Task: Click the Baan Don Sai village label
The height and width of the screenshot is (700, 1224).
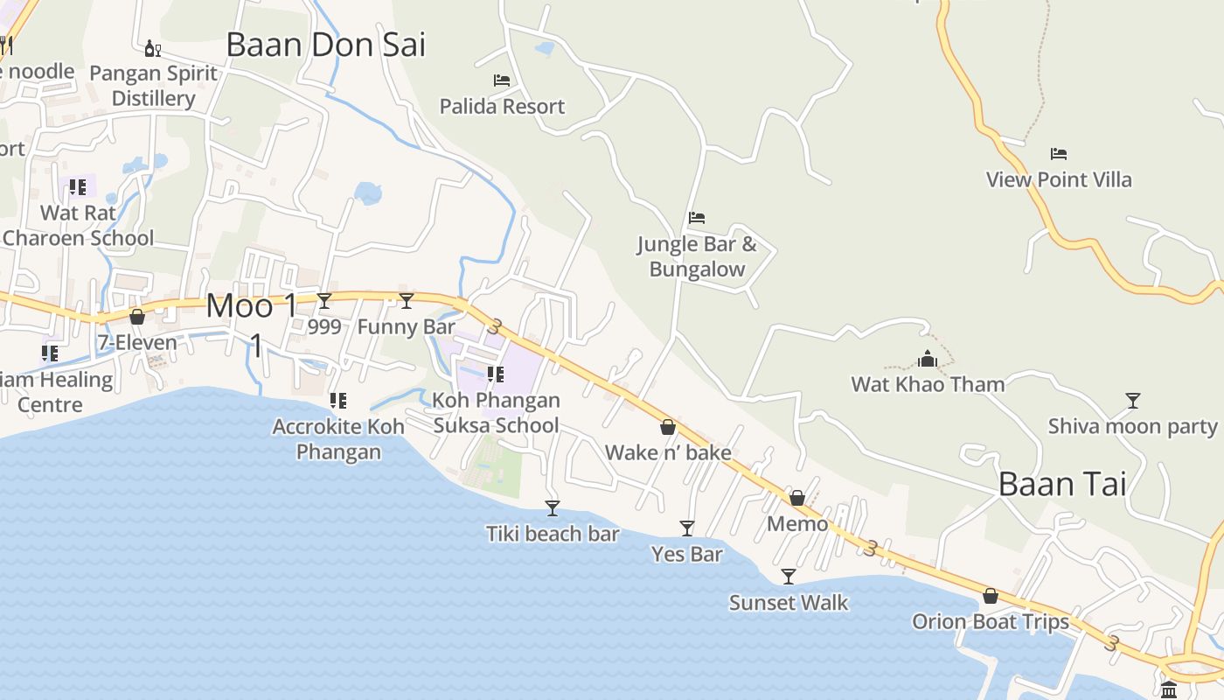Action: point(325,45)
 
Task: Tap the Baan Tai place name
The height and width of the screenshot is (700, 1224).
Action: point(1062,484)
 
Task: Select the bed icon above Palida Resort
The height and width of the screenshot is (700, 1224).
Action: point(502,80)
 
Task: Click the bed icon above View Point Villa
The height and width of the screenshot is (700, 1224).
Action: point(1059,154)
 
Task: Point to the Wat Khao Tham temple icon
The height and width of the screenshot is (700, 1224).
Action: point(928,359)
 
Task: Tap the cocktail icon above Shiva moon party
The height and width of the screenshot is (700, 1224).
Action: point(1133,401)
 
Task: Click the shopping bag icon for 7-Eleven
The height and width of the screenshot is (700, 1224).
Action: point(137,317)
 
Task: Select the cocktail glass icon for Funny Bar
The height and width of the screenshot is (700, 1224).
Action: point(407,301)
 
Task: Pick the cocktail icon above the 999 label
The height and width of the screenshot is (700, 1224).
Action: point(324,301)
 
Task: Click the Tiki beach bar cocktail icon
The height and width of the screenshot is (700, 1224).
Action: point(553,508)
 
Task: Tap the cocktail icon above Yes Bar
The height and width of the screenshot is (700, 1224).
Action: point(687,528)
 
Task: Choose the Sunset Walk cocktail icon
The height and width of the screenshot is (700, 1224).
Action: point(789,577)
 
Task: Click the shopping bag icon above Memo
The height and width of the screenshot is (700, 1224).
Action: point(797,498)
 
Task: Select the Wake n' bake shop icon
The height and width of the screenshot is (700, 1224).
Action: point(668,427)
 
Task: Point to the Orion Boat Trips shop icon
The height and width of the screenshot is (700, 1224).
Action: point(991,596)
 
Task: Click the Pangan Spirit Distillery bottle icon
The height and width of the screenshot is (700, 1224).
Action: point(152,47)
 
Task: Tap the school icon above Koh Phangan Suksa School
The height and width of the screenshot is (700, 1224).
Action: point(496,374)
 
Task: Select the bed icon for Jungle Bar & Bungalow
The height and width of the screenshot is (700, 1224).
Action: point(697,218)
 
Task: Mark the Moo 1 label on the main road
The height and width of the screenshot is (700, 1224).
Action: point(252,306)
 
